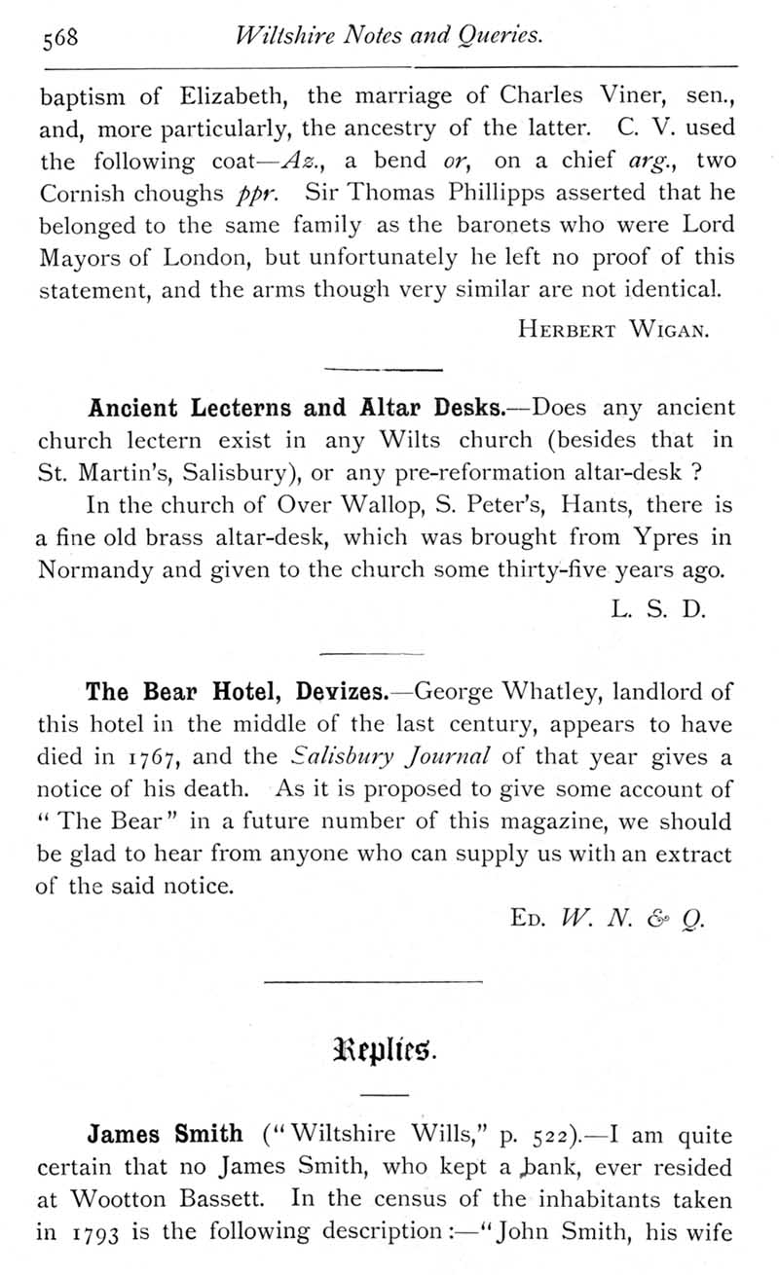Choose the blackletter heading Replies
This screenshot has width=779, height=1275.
click(389, 1051)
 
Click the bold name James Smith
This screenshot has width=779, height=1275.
click(165, 1134)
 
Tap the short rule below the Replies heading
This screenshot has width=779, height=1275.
click(389, 1097)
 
